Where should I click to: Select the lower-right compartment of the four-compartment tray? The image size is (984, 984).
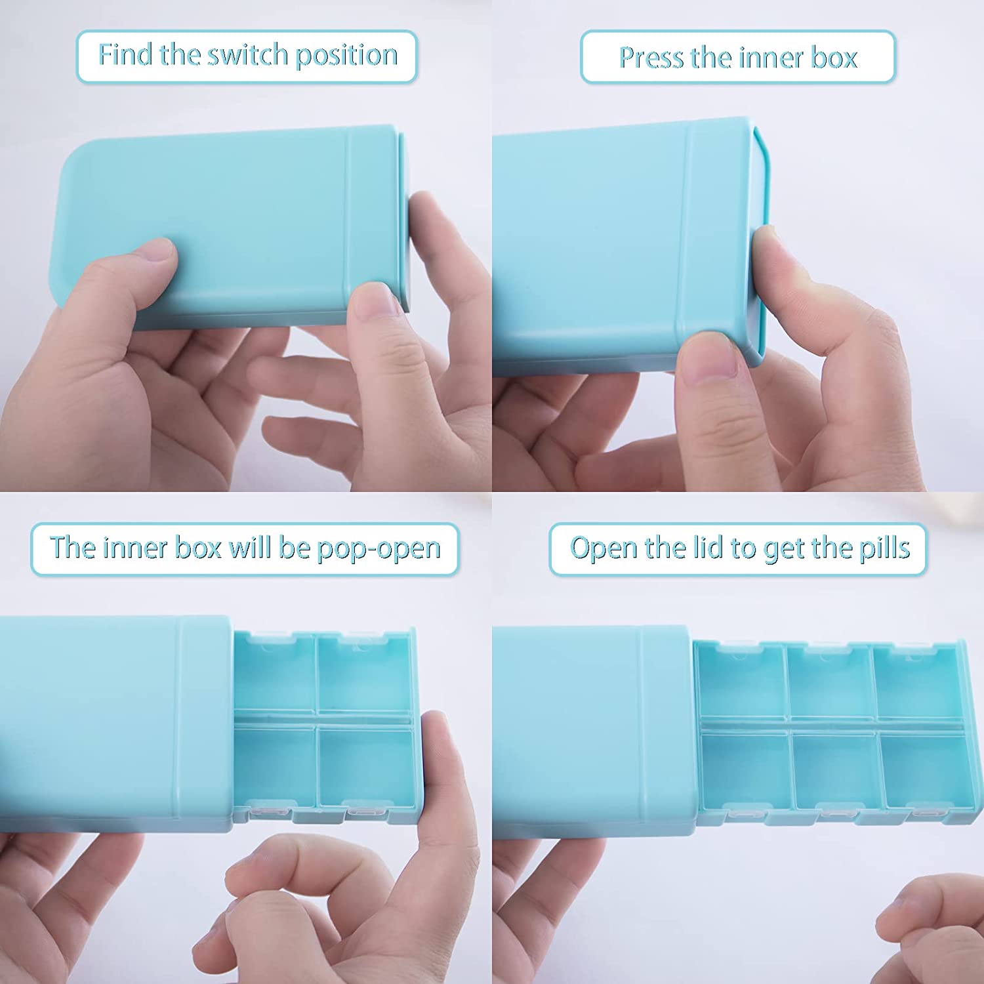pyautogui.click(x=365, y=766)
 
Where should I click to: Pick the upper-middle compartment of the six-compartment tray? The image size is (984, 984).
pyautogui.click(x=829, y=682)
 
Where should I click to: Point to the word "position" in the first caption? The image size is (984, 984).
pyautogui.click(x=346, y=56)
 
